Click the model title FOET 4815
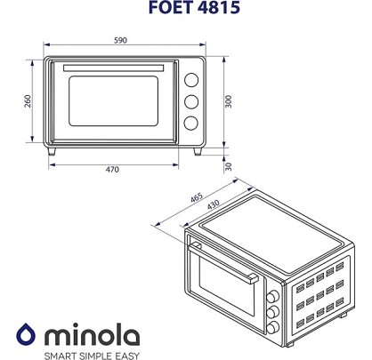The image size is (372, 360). (194, 7)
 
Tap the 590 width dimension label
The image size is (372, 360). (120, 40)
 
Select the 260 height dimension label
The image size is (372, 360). (28, 101)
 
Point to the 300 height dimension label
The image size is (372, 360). (228, 101)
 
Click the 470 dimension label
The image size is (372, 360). (112, 170)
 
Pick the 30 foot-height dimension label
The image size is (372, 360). (228, 167)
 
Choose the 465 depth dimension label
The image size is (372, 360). (197, 197)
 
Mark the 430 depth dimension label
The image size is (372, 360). (214, 204)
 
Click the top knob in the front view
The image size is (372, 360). (191, 80)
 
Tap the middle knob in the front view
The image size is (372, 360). (191, 101)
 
